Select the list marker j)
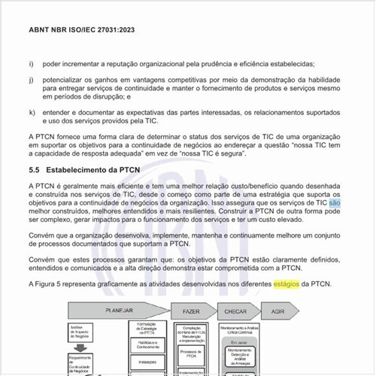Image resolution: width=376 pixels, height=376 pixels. pos(31,79)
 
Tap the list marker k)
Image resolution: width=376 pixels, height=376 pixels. pos(31,112)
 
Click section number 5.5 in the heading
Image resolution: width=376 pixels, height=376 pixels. pos(35,171)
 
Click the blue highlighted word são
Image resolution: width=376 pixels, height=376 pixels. pos(335,203)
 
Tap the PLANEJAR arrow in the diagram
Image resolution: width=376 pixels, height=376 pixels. pos(120,310)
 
